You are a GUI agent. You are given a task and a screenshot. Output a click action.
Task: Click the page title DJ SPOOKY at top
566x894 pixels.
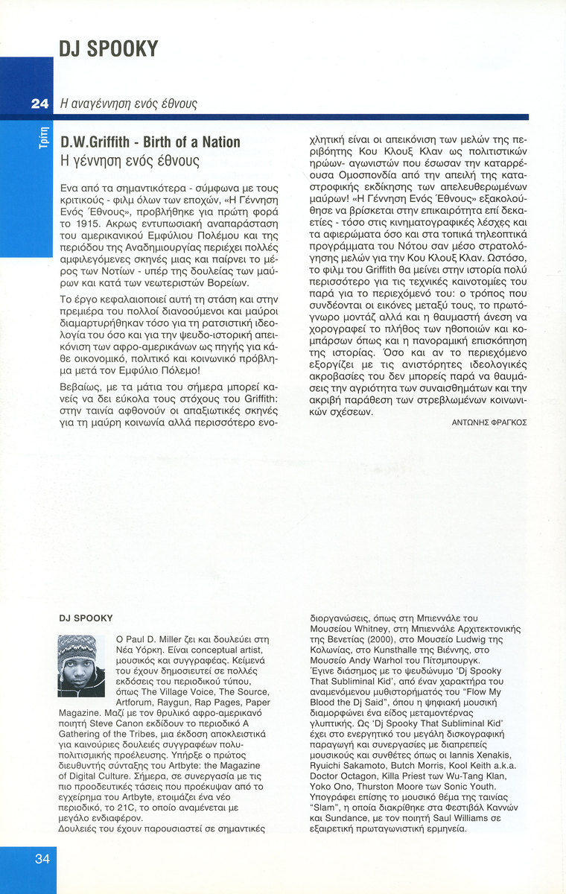tap(109, 49)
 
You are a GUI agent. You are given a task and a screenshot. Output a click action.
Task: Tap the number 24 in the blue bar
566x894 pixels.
tap(39, 104)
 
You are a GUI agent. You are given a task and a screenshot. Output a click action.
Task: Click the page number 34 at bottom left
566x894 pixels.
tap(42, 859)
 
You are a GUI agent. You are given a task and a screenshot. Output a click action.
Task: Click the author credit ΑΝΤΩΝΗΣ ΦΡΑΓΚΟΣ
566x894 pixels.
tap(489, 422)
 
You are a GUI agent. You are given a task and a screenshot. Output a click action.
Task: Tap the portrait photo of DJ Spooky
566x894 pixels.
tap(81, 666)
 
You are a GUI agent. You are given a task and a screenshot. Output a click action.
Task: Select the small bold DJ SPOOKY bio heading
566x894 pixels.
tap(86, 618)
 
